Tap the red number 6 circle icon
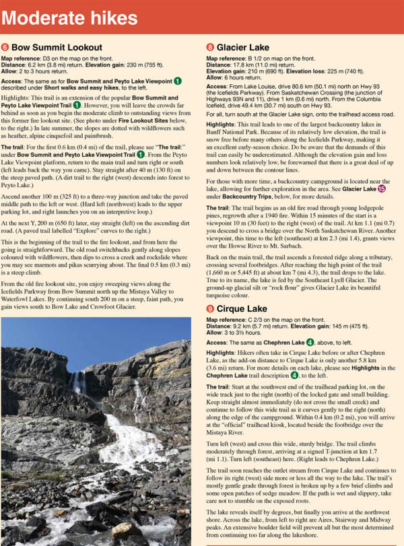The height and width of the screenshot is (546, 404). coord(5,48)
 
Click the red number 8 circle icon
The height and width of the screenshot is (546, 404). coord(210,48)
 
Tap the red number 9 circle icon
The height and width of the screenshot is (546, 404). coord(210,308)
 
